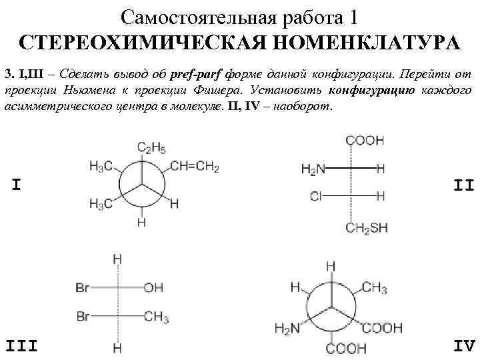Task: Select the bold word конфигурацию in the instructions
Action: tap(383, 89)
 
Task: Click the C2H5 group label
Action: tap(151, 147)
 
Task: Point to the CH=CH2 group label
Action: tap(195, 167)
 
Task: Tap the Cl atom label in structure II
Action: tap(316, 196)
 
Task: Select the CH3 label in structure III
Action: tap(156, 316)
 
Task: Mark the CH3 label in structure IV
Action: tap(374, 288)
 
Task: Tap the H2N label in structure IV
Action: tap(287, 327)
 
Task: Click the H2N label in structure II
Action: tap(313, 169)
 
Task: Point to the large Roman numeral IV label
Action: tap(463, 345)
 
